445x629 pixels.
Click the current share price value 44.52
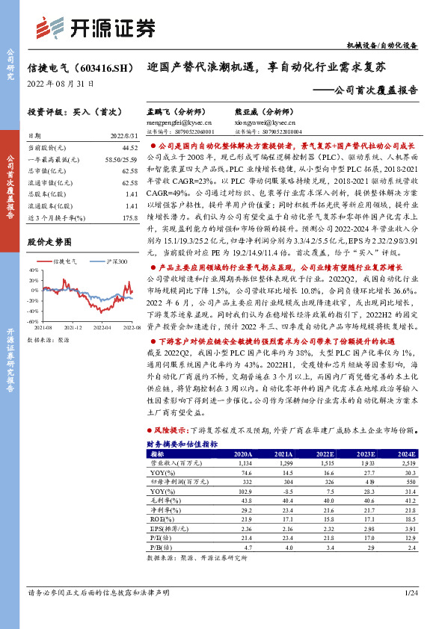[x=129, y=149]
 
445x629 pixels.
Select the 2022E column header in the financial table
[x=324, y=453]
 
